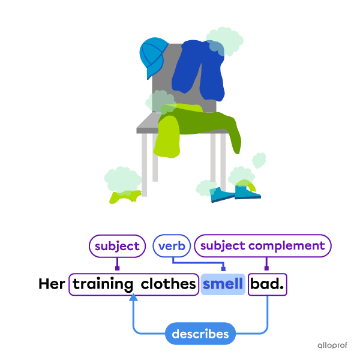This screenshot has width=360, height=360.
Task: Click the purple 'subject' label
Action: [x=117, y=246]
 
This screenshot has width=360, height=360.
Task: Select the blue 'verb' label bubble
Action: [x=172, y=246]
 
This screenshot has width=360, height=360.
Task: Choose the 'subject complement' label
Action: [x=262, y=246]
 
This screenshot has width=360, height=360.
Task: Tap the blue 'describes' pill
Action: [x=200, y=334]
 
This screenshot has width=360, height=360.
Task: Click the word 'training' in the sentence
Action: [x=103, y=284]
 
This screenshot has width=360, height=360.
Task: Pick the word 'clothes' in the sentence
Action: [x=169, y=284]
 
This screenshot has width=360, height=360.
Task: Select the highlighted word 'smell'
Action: [x=223, y=284]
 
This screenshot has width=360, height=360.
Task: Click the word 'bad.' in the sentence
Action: [x=268, y=284]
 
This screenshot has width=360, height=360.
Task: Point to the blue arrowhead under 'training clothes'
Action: [x=133, y=299]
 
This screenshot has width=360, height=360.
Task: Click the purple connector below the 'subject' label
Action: [x=118, y=265]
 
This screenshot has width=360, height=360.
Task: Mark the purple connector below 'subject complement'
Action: [x=266, y=265]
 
